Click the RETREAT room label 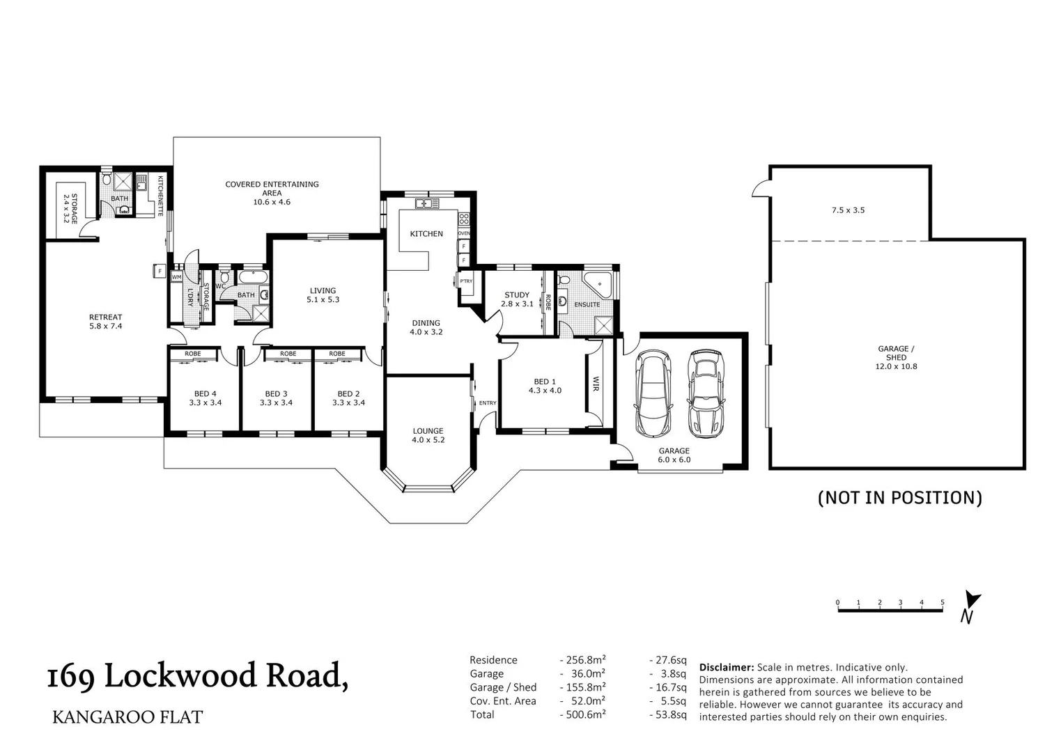click(x=105, y=317)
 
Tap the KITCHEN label click(x=426, y=234)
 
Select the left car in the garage click(x=653, y=392)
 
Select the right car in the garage click(x=704, y=391)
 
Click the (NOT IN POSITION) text click(x=899, y=497)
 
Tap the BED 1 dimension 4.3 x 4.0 click(x=545, y=391)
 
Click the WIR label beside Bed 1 click(x=596, y=384)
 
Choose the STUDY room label click(x=516, y=295)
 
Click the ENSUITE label click(x=587, y=304)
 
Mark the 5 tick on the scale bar click(x=942, y=602)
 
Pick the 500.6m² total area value click(x=583, y=714)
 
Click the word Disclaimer click(x=726, y=667)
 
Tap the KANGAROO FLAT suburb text click(x=127, y=717)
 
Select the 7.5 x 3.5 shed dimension click(x=848, y=210)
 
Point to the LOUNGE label click(x=428, y=431)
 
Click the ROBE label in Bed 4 click(x=193, y=354)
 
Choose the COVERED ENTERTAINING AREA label click(x=272, y=188)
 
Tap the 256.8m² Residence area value click(x=583, y=660)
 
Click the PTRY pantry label click(x=466, y=281)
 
